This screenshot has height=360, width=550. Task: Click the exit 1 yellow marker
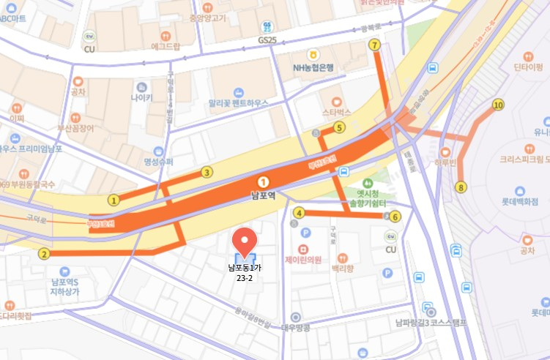114,200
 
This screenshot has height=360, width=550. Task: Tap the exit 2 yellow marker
44,255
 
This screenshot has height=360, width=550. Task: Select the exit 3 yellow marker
207,173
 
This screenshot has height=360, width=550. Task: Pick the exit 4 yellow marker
298,213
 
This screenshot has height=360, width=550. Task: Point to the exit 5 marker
339,127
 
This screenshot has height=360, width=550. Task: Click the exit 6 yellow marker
395,216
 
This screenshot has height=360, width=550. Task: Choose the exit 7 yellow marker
376,45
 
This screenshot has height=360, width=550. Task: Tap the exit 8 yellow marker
461,187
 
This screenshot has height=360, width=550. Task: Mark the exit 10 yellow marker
499,105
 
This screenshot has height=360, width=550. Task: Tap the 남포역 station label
263,195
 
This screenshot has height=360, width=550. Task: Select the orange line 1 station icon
263,181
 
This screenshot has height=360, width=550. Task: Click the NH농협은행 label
313,67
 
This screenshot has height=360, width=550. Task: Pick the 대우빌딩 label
295,328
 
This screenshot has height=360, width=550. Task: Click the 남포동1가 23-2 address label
245,273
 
